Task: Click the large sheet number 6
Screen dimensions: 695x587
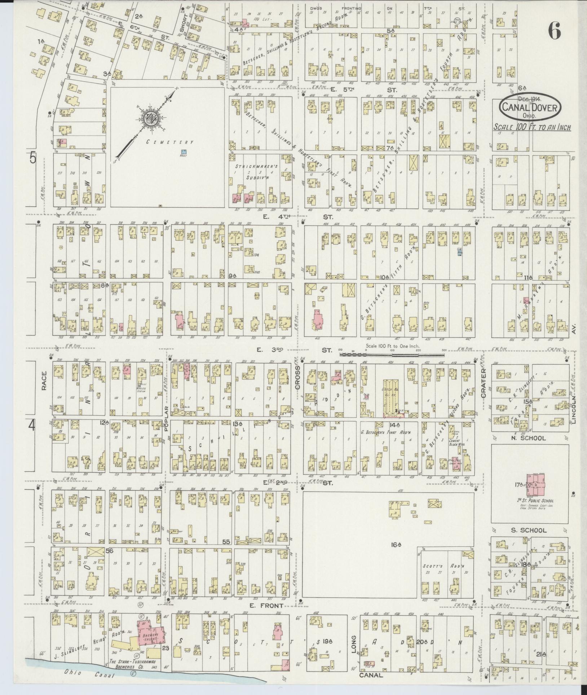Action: pyautogui.click(x=554, y=32)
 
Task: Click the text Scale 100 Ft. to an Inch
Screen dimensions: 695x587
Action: pyautogui.click(x=532, y=128)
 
